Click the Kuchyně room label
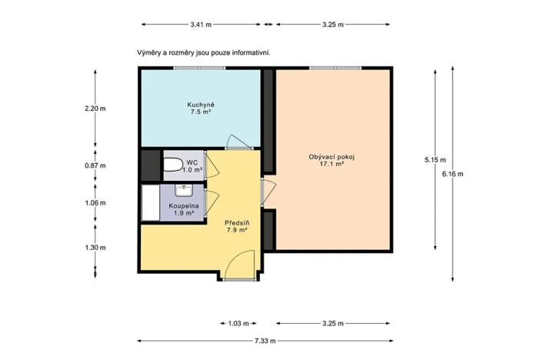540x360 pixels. (200, 104)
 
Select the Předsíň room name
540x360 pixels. (235, 221)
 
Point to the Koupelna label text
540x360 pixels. (185, 206)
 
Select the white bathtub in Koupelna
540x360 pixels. (149, 203)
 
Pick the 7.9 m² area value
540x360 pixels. (235, 229)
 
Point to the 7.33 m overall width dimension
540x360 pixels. (268, 340)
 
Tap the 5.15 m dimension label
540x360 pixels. (435, 160)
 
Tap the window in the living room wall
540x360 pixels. (335, 68)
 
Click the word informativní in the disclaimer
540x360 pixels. (250, 53)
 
